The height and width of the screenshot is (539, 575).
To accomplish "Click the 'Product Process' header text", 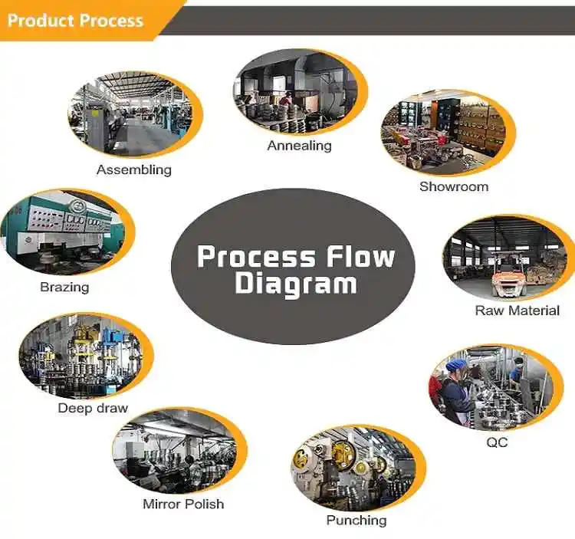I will tap(75, 20).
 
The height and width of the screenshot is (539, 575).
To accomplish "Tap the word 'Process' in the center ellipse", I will tap(255, 256).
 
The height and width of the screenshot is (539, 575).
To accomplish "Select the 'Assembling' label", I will tap(134, 169).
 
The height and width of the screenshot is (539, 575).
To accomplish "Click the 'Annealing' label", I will tap(299, 145).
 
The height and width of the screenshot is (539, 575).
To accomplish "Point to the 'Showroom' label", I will tap(453, 186).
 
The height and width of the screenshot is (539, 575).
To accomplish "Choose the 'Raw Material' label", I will tap(517, 311).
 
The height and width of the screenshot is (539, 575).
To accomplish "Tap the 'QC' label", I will tap(496, 442).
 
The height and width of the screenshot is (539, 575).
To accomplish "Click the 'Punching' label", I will tap(356, 521).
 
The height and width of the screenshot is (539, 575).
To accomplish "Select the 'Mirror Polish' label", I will tap(183, 504).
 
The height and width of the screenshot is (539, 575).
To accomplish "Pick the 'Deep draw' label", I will tap(93, 408).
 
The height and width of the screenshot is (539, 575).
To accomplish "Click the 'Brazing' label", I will tap(64, 288).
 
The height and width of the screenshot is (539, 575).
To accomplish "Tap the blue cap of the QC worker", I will tap(457, 366).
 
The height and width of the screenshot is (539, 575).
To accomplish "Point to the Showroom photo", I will tap(448, 135).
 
